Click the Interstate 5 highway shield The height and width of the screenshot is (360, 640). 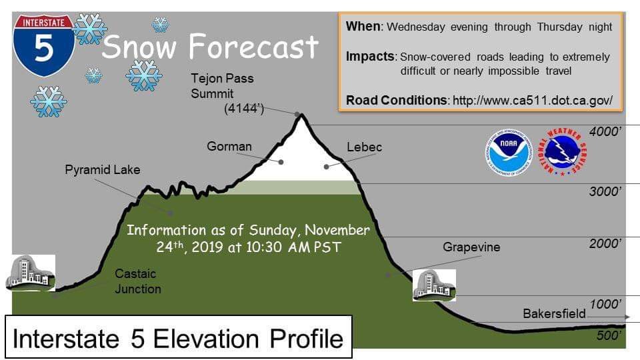coord(44,45)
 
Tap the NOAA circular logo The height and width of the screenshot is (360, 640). coord(509,152)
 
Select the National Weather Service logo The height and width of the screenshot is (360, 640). coord(563,152)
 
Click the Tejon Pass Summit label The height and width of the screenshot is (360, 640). coord(223,86)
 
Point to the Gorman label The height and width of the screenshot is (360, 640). coord(229,146)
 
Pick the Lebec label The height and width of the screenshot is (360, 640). coord(365,147)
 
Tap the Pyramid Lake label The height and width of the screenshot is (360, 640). coord(103,170)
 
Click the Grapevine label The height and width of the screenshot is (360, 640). coord(471,247)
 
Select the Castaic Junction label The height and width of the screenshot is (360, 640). coord(138,281)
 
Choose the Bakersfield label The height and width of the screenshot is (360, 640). coord(554,313)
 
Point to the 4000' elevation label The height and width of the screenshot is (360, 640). coord(605,131)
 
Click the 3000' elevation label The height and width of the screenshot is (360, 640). coord(605,191)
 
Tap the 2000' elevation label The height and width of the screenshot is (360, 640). coord(605,244)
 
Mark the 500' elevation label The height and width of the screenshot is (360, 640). coord(609,335)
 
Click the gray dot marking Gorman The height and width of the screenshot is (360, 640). coord(281,162)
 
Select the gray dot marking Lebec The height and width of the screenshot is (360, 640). coord(326,167)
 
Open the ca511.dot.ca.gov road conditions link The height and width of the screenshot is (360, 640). coord(533,101)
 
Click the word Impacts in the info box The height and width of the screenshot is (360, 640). coord(371,56)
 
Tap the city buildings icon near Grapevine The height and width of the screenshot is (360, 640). coord(434,285)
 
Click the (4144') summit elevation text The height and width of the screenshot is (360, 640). coord(244,109)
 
